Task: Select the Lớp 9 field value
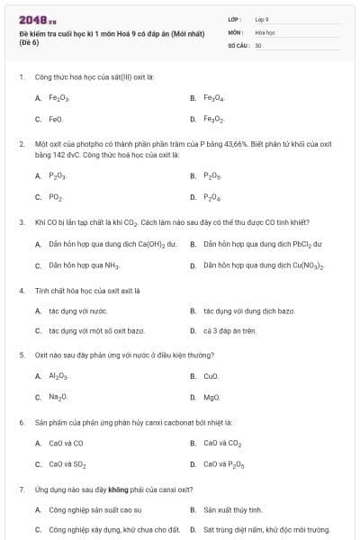[262, 18]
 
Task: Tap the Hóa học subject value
[265, 31]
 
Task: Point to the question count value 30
[258, 45]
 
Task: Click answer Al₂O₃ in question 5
[58, 375]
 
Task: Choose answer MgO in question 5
[211, 397]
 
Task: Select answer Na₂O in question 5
[58, 397]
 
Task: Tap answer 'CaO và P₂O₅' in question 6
[224, 464]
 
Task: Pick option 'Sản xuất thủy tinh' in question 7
[232, 509]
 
